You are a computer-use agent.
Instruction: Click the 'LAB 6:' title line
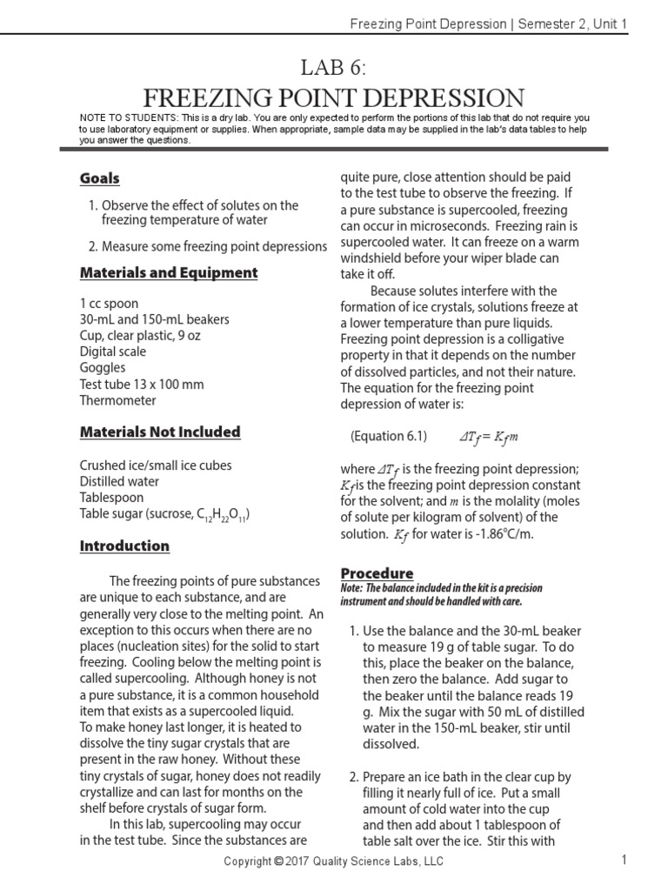coord(334,67)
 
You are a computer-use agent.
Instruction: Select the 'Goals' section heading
coord(99,178)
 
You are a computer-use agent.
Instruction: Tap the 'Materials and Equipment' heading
coord(169,272)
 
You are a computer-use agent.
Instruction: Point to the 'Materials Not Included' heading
coord(160,432)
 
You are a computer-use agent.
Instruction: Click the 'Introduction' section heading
coord(124,546)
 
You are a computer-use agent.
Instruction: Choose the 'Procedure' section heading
coord(377,573)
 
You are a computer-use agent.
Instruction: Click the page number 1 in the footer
coord(624,861)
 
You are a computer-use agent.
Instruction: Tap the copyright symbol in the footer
coord(278,861)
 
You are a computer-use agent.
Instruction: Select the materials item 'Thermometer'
coord(118,400)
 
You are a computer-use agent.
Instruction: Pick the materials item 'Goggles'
coord(103,368)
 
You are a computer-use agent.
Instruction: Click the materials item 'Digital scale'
coord(113,352)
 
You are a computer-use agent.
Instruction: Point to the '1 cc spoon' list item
coord(109,304)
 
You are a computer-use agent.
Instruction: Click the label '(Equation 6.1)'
coord(389,436)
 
